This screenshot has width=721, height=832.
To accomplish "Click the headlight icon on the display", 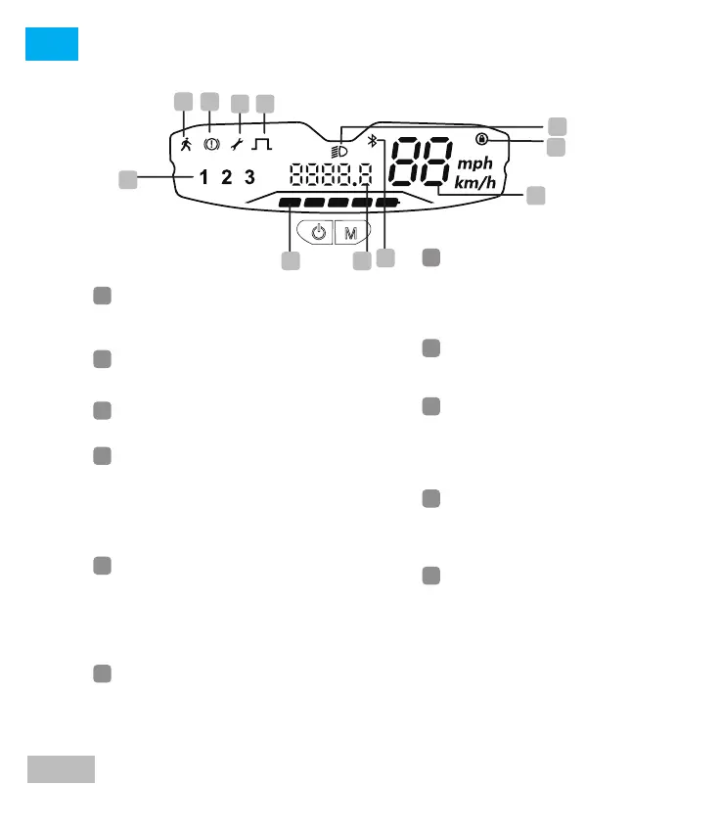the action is (x=339, y=152).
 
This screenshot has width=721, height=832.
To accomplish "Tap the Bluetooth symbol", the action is (x=372, y=142).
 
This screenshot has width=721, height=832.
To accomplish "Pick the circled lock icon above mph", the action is (x=481, y=140).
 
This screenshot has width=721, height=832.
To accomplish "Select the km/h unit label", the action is (x=475, y=183).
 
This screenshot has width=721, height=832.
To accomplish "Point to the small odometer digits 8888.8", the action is (x=330, y=177).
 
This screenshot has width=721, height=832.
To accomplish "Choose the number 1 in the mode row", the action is (x=204, y=177).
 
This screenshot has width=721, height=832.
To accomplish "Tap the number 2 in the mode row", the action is (x=227, y=177).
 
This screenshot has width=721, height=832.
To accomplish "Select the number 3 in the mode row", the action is (x=250, y=177).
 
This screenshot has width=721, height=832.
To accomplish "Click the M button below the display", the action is (x=349, y=233).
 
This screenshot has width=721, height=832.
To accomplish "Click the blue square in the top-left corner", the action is (x=52, y=44).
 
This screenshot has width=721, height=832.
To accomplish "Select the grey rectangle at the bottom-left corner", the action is (x=61, y=768).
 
